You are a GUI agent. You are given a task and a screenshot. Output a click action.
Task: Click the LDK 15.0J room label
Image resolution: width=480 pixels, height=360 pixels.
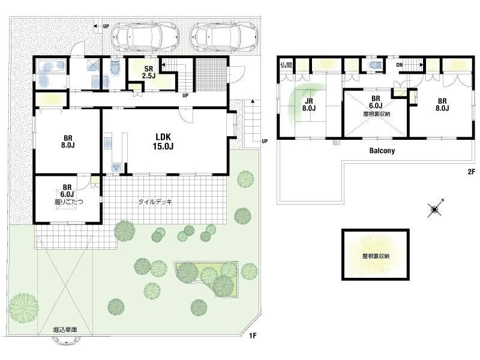point(163,142)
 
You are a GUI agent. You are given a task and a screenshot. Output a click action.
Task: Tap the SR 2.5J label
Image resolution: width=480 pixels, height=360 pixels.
point(148,72)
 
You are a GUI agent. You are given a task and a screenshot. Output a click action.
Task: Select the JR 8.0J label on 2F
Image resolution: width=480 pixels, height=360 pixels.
point(309,104)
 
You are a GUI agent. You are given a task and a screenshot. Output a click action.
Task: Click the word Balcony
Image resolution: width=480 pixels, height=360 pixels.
point(382,151)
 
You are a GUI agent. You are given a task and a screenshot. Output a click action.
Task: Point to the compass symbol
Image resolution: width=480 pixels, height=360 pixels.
point(434,209)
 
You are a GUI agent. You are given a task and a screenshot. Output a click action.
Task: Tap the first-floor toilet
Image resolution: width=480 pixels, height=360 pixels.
point(115,66)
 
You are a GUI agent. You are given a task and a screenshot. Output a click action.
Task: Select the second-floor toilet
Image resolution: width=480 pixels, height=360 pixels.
point(374,65)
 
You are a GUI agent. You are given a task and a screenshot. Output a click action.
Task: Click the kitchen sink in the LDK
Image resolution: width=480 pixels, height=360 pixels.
point(109,143)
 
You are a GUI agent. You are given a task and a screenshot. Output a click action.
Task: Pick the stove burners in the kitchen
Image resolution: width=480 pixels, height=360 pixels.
point(116,167)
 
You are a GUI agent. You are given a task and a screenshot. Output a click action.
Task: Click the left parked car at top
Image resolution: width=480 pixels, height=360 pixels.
point(145,37)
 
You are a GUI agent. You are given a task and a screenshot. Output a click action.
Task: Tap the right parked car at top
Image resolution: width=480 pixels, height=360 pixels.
point(225,37)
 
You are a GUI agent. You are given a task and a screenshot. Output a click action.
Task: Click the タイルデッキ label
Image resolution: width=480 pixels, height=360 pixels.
point(155,202)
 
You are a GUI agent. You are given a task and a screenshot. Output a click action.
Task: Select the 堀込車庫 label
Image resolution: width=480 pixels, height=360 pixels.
point(65,329)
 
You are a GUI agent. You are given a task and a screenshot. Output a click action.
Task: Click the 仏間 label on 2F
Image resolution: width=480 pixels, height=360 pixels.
point(286,65)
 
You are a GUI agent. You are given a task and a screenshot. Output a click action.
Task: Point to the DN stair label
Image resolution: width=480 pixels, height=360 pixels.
point(399,65)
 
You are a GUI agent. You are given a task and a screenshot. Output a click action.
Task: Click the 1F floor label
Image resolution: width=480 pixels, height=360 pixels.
point(252,336)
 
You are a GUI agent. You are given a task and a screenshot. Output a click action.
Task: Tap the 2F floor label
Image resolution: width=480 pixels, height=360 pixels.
point(471,172)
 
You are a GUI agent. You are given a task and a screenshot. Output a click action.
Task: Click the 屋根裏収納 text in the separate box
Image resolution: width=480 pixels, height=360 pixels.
point(376,256)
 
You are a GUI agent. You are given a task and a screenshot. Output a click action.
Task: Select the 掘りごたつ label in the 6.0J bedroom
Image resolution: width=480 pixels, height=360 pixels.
point(68,202)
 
